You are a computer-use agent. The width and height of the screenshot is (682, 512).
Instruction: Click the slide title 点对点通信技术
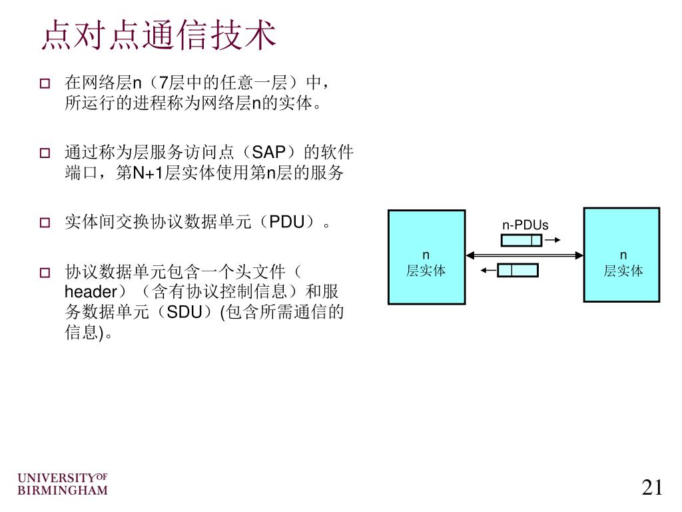[158, 35]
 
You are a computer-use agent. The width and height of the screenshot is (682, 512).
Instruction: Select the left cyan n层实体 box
[426, 257]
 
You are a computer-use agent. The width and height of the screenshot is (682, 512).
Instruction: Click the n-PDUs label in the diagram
[525, 225]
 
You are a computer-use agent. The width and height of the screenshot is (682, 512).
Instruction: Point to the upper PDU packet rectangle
[521, 240]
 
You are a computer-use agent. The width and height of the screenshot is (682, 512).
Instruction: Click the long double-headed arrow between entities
[525, 255]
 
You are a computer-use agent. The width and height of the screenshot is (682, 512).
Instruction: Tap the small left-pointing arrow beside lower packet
[488, 270]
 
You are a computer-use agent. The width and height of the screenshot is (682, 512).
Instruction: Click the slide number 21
[652, 487]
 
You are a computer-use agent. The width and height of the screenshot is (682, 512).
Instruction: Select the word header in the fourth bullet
[91, 292]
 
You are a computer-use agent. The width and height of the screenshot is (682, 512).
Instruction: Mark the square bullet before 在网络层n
[45, 84]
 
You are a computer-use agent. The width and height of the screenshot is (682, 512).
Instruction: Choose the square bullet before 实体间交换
[45, 223]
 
